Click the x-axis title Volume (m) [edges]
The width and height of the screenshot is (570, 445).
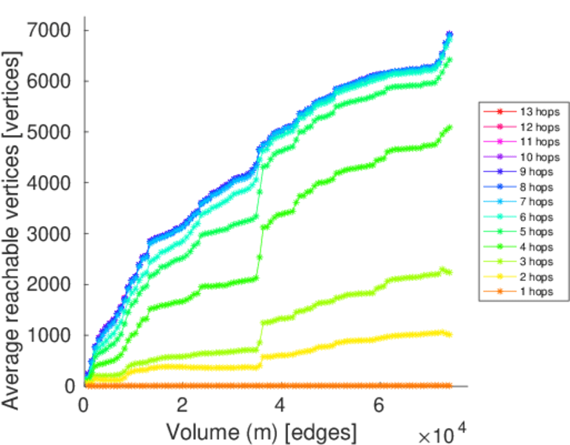pos(261,432)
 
